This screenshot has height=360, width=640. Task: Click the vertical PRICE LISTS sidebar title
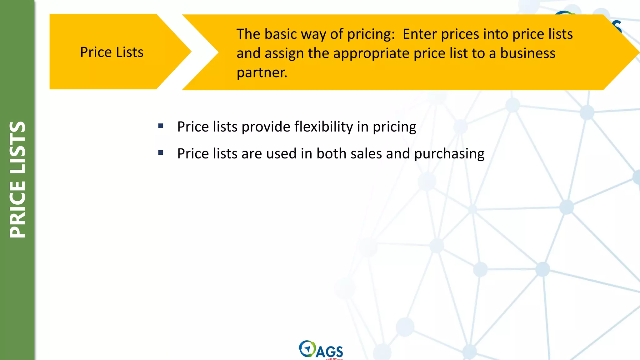pyautogui.click(x=17, y=180)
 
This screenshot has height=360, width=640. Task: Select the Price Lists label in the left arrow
pyautogui.click(x=112, y=52)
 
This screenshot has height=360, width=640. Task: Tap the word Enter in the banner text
pyautogui.click(x=419, y=34)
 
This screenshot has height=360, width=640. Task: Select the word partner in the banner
pyautogui.click(x=261, y=72)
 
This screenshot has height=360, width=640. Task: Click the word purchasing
pyautogui.click(x=449, y=154)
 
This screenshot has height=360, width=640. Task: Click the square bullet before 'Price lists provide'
pyautogui.click(x=161, y=126)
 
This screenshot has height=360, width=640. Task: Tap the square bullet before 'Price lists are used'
pyautogui.click(x=161, y=153)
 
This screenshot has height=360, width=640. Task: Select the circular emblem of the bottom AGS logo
pyautogui.click(x=307, y=348)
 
